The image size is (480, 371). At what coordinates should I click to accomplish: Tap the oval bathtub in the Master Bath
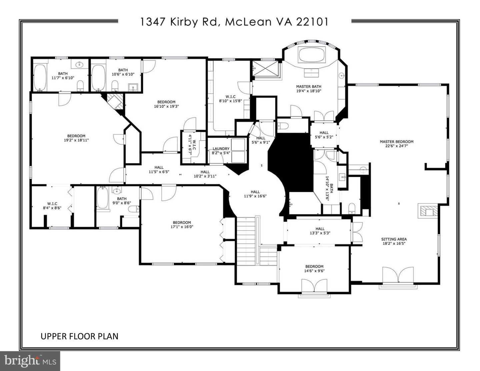pos(312,55)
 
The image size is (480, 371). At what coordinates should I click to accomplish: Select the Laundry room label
pos(221,149)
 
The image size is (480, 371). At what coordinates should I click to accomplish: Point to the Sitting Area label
pos(394,239)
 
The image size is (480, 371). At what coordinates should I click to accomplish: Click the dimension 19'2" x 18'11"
pos(76,140)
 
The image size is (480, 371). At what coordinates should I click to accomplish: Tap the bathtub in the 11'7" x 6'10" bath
pos(40,77)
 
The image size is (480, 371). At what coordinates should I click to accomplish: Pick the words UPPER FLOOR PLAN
pos(79,336)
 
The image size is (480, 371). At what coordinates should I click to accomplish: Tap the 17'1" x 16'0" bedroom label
pos(182,225)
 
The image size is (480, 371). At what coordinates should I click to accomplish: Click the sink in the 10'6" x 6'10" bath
pos(134,88)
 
